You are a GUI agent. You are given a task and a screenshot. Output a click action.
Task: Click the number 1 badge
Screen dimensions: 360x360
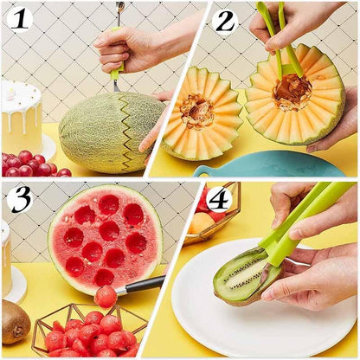point(19,18)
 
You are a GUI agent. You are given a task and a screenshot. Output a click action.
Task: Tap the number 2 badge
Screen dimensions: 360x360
point(225,20)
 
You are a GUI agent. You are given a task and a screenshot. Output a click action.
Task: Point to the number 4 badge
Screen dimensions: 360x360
point(220,199)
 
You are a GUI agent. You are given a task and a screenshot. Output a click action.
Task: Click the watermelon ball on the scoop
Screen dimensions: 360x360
point(106,297)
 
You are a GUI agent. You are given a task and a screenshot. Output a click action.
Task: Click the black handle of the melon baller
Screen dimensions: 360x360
point(142,285)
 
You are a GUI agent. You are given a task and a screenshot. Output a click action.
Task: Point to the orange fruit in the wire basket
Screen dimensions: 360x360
point(202,223)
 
